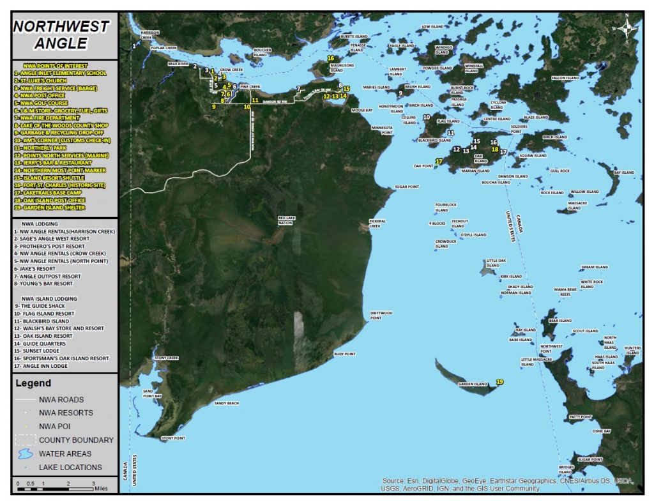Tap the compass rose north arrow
627,27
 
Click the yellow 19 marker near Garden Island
499,381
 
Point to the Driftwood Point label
381,315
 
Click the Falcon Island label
565,78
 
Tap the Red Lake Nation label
286,220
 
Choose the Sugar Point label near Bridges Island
589,459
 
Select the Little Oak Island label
496,263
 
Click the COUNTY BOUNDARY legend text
76,440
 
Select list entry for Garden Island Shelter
49,208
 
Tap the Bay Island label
624,172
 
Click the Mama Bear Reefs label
565,292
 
